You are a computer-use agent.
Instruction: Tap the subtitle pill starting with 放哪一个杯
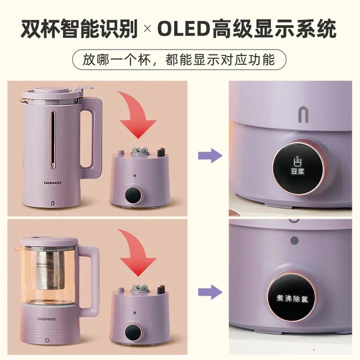coord(180,60)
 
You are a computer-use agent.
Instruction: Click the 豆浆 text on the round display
coord(296,170)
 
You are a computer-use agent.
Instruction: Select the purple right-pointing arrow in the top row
coord(210,156)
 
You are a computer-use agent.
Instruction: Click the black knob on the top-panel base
coord(132,196)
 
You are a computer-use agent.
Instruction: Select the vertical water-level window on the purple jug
coord(54,139)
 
